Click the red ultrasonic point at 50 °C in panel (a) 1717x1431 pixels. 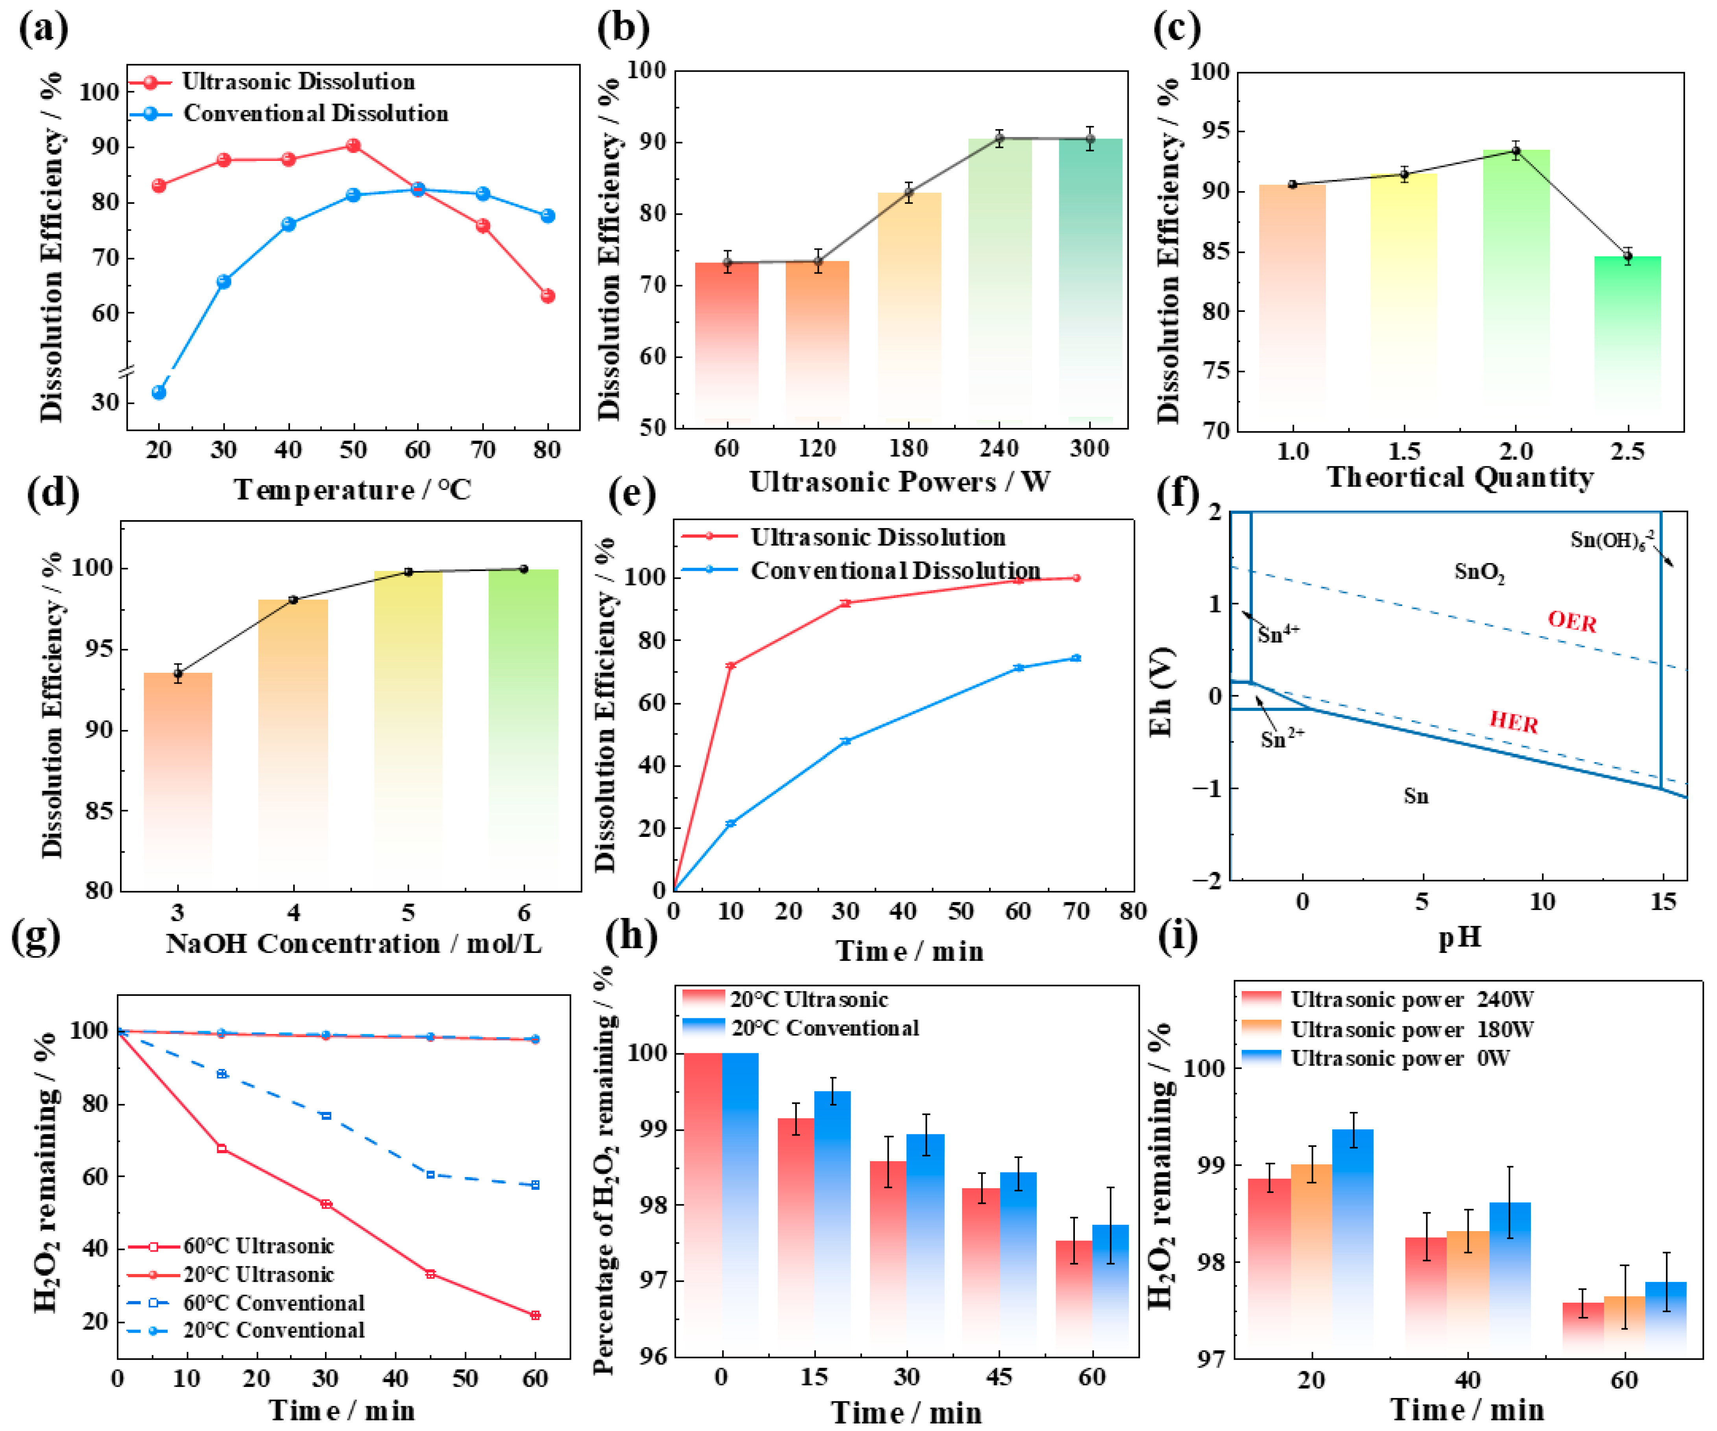(353, 146)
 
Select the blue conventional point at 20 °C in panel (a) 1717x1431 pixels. (159, 393)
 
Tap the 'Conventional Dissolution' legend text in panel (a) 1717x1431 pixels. (316, 114)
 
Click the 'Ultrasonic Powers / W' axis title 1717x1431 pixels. (899, 482)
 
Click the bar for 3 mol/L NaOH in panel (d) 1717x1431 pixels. (178, 777)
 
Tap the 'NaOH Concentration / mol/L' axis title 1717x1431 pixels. (353, 944)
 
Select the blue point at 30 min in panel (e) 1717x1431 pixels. (846, 741)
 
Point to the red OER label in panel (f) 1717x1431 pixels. (1571, 622)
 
